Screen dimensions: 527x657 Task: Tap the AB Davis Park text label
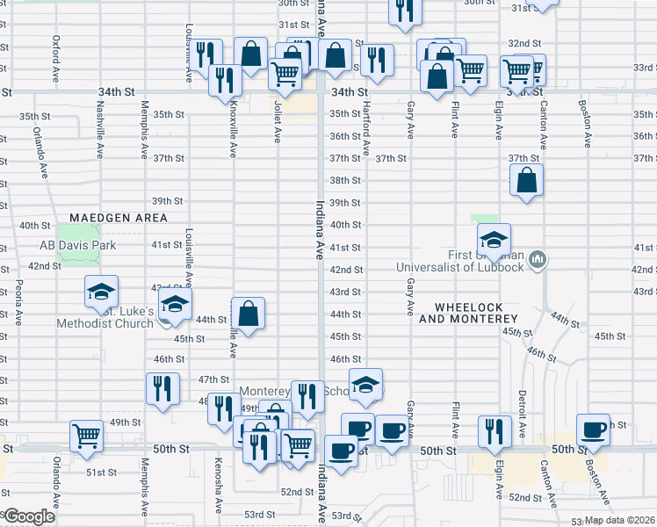77,246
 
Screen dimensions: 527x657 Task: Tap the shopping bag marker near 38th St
525,182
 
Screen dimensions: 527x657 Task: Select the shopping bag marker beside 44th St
249,314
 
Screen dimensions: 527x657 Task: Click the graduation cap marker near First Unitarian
494,239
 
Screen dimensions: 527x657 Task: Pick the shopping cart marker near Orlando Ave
86,436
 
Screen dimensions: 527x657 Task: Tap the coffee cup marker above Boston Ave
593,430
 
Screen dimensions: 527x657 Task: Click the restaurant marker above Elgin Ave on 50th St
495,431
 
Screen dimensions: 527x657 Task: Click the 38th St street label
345,180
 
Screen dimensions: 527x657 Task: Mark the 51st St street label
101,472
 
